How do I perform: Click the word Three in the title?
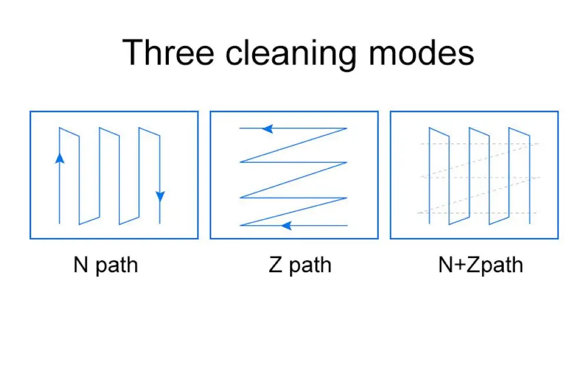pos(169,52)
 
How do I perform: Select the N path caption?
pos(106,265)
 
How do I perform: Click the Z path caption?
pos(300,265)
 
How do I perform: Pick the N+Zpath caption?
pos(480,265)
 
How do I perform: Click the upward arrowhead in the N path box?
pos(59,157)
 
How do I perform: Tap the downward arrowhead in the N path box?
pos(160,196)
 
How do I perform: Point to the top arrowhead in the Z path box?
pos(268,128)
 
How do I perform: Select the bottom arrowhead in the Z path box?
pos(286,225)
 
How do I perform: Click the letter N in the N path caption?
pos(81,265)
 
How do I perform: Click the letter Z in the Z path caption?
pos(275,265)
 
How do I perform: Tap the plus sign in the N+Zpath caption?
pos(459,265)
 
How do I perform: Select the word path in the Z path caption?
pos(310,266)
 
